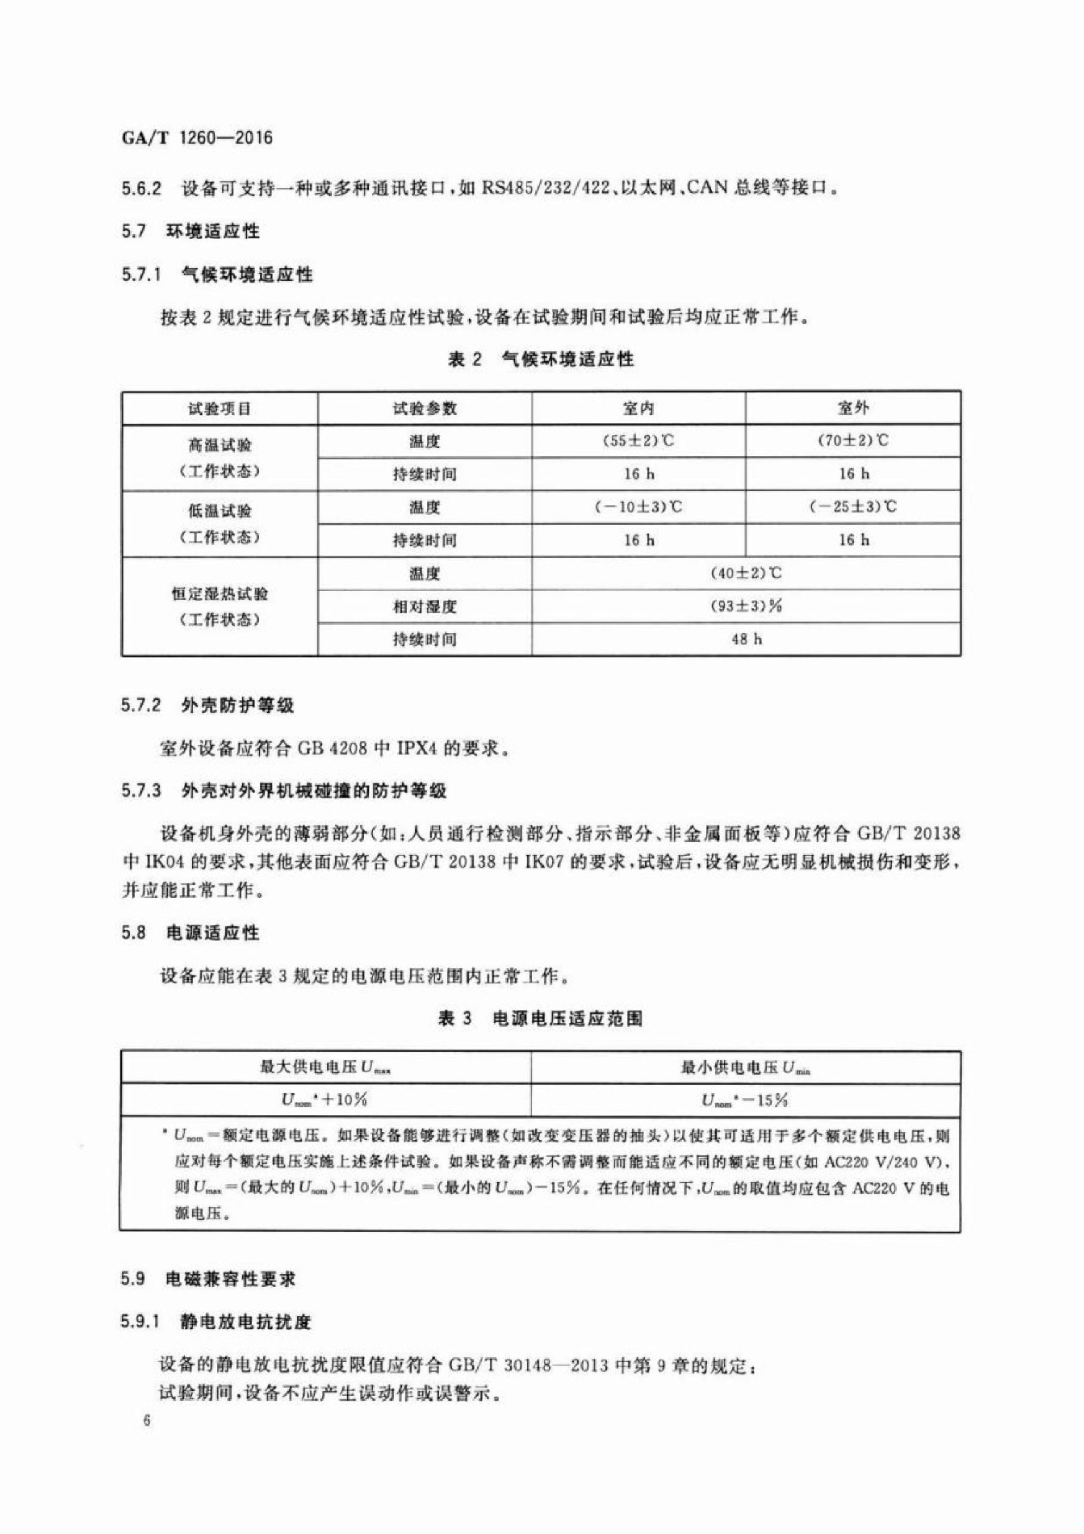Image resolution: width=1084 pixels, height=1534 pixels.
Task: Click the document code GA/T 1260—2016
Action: click(x=197, y=137)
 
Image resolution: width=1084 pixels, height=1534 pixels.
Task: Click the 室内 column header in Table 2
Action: click(x=638, y=409)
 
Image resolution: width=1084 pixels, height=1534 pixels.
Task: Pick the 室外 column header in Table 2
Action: click(x=853, y=409)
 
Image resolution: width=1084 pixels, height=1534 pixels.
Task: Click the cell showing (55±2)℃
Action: click(x=638, y=441)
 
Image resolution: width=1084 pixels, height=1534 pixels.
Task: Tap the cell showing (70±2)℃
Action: click(x=853, y=441)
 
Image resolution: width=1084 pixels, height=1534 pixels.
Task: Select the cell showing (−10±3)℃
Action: click(x=638, y=507)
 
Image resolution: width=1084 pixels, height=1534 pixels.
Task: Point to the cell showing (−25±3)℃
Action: click(x=853, y=507)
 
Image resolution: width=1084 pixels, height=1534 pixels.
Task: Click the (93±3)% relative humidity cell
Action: click(x=746, y=606)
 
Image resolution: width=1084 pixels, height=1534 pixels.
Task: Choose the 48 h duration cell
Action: click(x=746, y=639)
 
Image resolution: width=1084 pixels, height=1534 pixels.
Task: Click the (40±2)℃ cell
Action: click(x=746, y=573)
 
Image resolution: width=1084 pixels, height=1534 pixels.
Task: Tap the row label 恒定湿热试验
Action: click(x=220, y=594)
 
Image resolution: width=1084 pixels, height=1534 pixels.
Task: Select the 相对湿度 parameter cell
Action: click(x=425, y=606)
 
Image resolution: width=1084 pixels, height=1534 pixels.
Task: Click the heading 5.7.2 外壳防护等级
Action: click(x=207, y=706)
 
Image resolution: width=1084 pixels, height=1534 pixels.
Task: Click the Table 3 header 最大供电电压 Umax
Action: click(x=325, y=1067)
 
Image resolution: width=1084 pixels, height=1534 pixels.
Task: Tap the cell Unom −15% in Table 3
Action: click(x=745, y=1100)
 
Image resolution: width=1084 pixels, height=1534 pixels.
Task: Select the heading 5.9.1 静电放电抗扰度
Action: click(x=216, y=1322)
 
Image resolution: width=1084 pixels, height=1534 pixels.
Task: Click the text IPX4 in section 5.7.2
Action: click(x=416, y=748)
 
